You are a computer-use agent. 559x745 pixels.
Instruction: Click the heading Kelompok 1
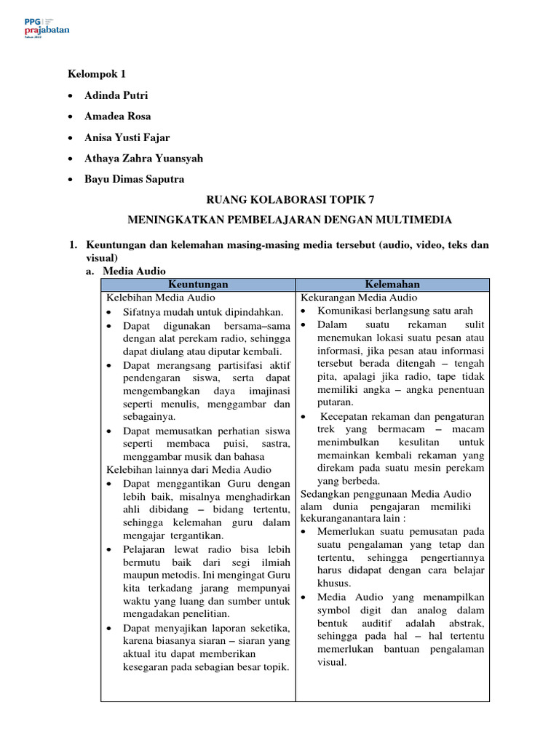coord(97,74)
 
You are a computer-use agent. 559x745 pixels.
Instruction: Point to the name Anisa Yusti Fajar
coord(127,138)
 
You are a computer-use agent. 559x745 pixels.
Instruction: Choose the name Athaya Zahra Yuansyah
coord(143,158)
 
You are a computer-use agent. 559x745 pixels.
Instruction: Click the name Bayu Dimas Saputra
coord(134,179)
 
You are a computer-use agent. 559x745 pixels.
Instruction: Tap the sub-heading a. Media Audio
coord(134,271)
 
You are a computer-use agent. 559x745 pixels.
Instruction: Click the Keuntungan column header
coord(198,284)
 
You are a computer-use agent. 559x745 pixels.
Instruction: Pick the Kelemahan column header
coord(393,284)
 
